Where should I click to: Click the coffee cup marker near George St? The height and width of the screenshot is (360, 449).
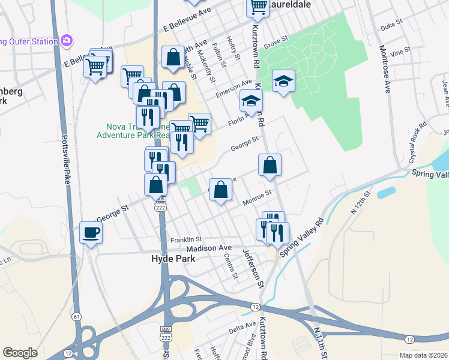click(91, 232)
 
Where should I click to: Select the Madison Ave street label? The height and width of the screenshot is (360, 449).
click(208, 248)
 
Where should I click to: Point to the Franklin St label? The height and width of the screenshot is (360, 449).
click(185, 239)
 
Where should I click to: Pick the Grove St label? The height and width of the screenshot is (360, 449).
click(276, 43)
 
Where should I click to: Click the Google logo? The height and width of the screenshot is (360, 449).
click(20, 353)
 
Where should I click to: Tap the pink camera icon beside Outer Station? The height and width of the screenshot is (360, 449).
click(66, 41)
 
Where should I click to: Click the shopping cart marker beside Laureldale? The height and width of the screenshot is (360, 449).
click(258, 7)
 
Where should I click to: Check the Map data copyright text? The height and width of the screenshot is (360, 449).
click(423, 355)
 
